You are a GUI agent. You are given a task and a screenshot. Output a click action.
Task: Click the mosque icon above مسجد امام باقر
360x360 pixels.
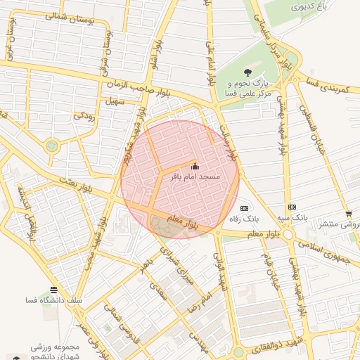click(x=195, y=167)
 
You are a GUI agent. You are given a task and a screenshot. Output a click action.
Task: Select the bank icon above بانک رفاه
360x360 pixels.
click(x=244, y=208)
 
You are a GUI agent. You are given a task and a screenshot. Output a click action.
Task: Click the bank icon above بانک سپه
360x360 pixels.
click(x=292, y=207)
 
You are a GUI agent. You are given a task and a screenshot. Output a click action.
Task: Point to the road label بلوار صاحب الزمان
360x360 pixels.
click(x=134, y=84)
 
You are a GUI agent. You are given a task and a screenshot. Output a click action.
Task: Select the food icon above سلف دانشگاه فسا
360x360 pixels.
click(x=54, y=290)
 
